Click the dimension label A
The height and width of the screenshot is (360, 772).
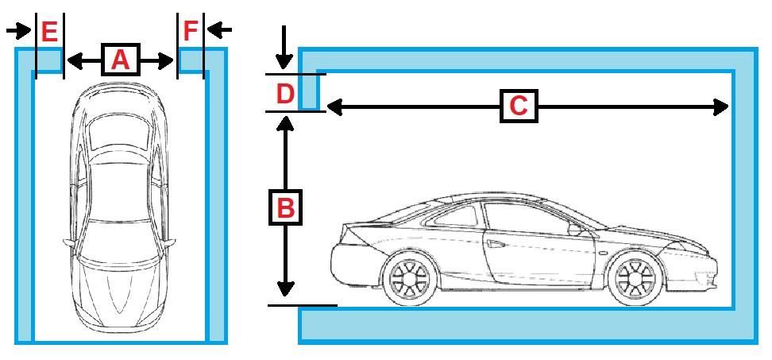coord(120,60)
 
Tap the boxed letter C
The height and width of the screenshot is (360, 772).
coord(519,106)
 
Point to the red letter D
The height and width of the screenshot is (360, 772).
coord(284,94)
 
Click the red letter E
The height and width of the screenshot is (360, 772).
coord(49,32)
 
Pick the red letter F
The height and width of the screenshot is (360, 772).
coord(191,32)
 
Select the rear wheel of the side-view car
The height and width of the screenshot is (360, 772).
coord(409,280)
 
